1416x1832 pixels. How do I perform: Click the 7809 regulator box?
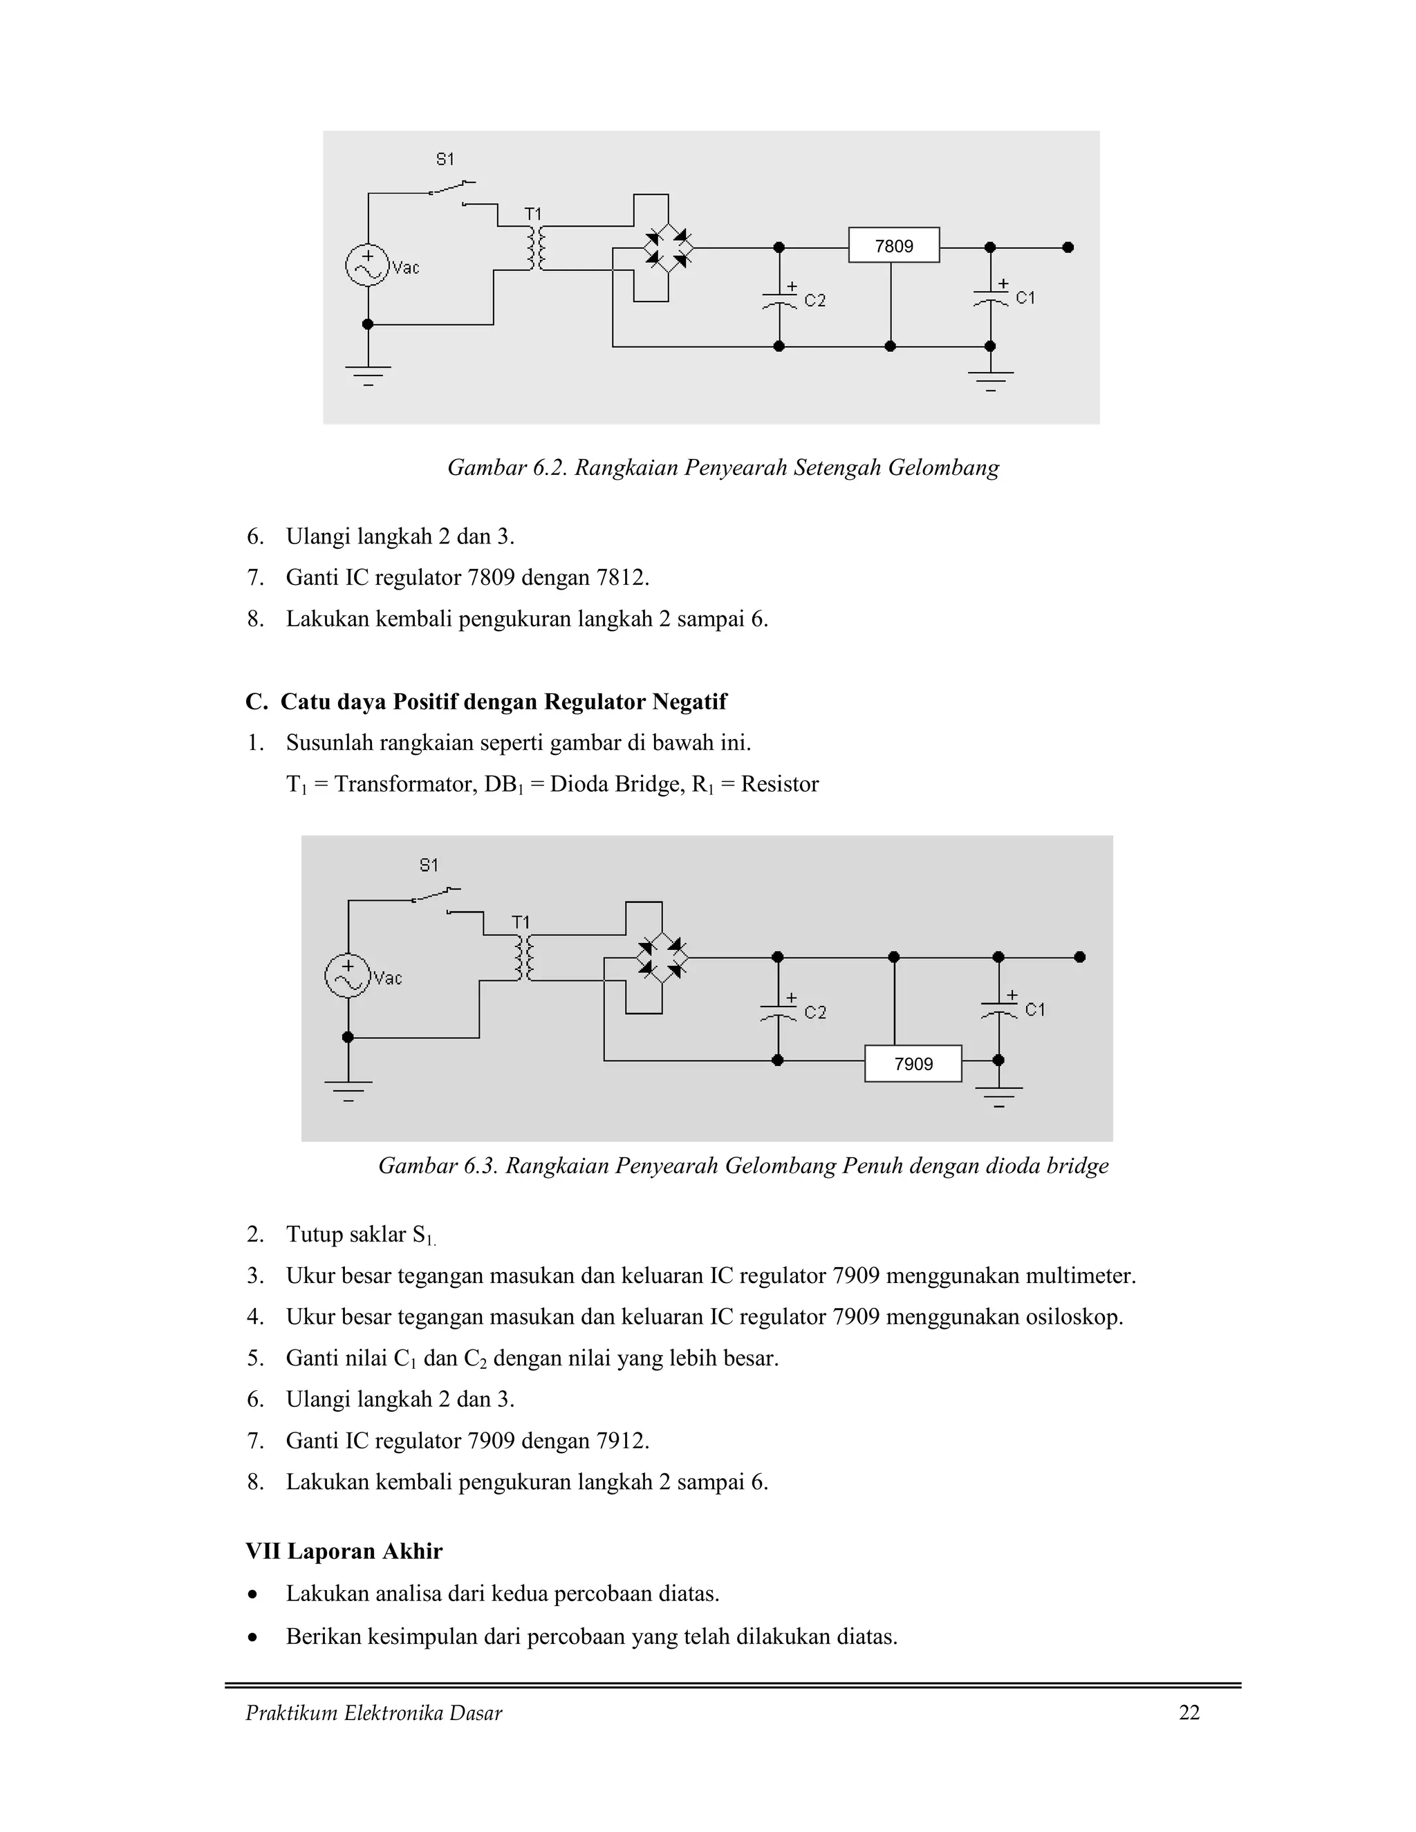click(893, 246)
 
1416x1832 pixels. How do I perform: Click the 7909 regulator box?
click(913, 1064)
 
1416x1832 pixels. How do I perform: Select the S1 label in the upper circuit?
click(445, 158)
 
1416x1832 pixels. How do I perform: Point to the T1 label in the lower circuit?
click(521, 922)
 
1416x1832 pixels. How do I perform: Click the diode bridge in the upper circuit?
click(668, 247)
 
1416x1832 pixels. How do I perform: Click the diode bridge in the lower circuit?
click(662, 957)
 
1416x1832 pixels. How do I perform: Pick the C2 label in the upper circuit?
click(814, 300)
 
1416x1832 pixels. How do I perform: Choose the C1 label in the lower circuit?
click(1035, 1010)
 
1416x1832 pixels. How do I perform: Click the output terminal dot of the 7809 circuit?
click(1068, 247)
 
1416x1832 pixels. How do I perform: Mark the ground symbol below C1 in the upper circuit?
click(991, 379)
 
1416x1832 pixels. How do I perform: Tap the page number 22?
click(1189, 1713)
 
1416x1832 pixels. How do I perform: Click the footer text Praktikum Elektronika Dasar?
click(373, 1713)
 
